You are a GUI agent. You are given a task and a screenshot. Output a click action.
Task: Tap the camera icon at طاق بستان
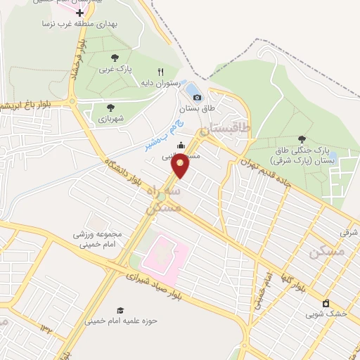click(197, 97)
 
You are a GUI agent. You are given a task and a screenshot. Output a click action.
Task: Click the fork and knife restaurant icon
click(160, 72)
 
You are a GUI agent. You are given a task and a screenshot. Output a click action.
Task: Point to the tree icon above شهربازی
click(110, 107)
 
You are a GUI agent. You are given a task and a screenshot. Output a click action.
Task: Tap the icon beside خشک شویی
click(325, 303)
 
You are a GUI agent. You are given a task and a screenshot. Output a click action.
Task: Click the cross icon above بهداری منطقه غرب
click(79, 13)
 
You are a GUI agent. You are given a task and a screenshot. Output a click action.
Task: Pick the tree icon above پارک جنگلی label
click(302, 139)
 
